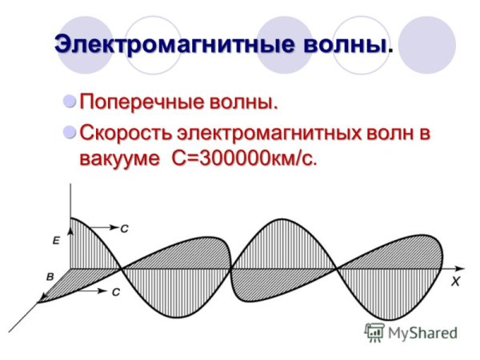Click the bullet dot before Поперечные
70,102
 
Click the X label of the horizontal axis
454,282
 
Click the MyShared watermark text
422,333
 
